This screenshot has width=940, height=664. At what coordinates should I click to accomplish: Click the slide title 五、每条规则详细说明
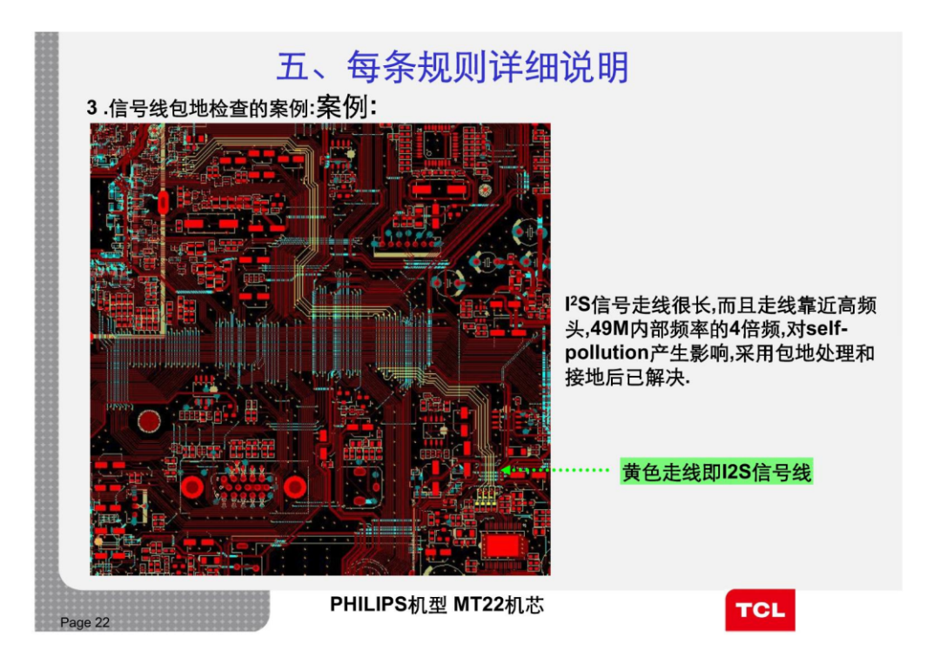point(452,67)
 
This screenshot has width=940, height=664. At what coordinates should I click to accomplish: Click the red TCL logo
point(760,609)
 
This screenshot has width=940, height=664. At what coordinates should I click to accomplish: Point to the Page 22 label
point(85,622)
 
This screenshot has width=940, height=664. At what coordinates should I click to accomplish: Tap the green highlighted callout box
point(715,473)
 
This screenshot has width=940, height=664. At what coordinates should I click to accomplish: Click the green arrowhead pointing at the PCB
point(507,471)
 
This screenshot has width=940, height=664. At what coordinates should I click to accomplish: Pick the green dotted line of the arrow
point(566,471)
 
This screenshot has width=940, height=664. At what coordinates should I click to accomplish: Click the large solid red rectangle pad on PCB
point(502,546)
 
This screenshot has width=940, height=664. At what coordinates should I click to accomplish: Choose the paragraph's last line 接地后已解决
point(627,379)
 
